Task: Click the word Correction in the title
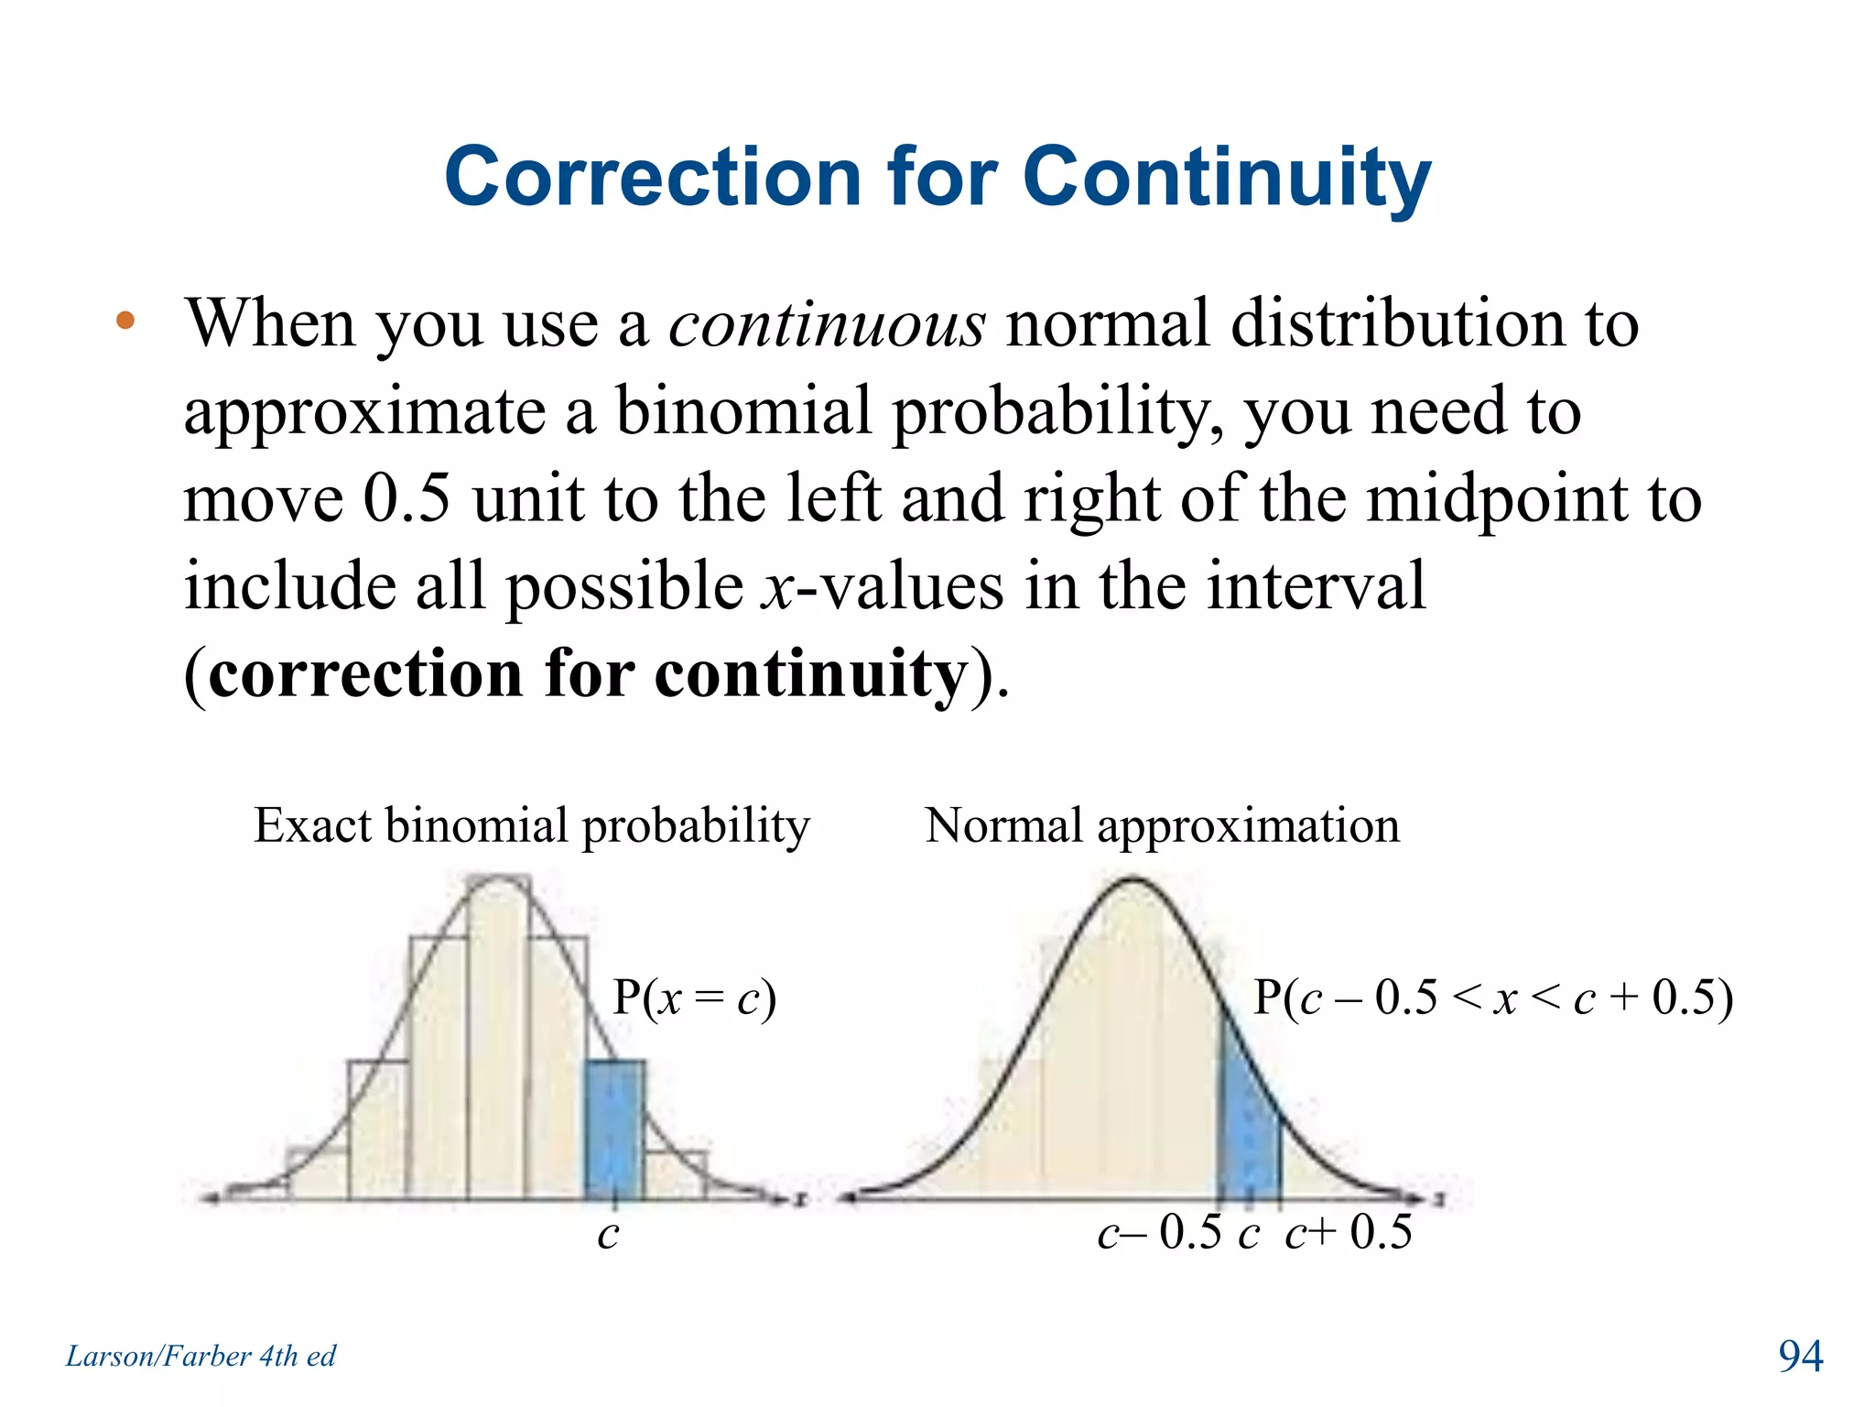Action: tap(653, 178)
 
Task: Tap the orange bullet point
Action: tap(125, 322)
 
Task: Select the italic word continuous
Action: tap(827, 324)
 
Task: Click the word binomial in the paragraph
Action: tap(742, 411)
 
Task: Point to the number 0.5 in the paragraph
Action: tap(406, 498)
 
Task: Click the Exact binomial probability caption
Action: tap(531, 825)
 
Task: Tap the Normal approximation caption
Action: tap(1162, 825)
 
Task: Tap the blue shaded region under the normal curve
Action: tap(1247, 1136)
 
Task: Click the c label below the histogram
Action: tap(608, 1234)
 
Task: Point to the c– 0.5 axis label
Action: tap(1159, 1233)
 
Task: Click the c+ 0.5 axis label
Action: tap(1349, 1233)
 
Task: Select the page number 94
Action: tap(1800, 1356)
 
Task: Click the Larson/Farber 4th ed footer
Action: tap(201, 1356)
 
